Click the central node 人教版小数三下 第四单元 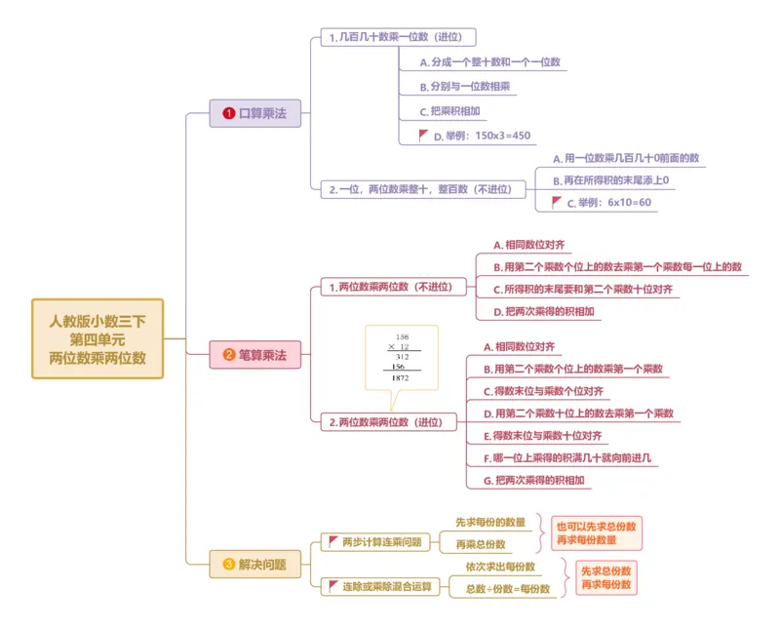(97, 338)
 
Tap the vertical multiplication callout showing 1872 (401, 358)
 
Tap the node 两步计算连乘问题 (375, 542)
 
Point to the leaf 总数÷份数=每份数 (507, 589)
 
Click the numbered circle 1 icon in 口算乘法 (229, 113)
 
